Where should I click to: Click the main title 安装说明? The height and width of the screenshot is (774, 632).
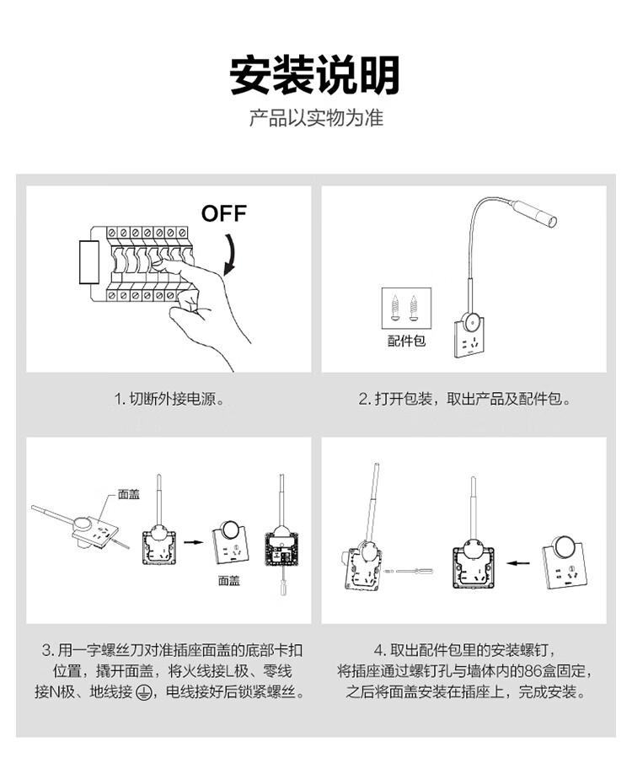pos(315,76)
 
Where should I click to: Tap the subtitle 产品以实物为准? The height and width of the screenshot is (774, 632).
pos(316,118)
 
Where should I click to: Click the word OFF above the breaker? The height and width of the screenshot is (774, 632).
pos(224,213)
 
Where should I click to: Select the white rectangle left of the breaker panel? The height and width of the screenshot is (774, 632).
pos(89,262)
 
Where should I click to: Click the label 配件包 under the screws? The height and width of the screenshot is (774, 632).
pos(406,341)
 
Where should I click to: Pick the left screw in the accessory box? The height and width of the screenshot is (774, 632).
pos(395,308)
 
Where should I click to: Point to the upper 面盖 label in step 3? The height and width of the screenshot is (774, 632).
pos(129,494)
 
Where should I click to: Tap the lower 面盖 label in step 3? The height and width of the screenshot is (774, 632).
pos(229,581)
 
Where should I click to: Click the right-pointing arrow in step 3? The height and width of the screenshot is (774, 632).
pos(194,542)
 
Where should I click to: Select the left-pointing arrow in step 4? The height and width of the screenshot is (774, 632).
pos(519,562)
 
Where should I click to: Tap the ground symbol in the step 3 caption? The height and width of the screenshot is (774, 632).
pos(143,692)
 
